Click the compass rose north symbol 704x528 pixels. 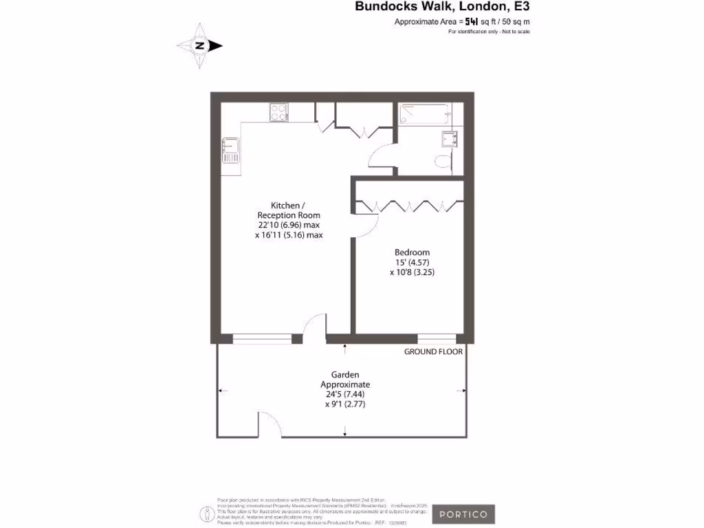[x=200, y=46]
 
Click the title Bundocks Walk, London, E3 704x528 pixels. [x=442, y=8]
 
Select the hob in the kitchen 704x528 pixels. [x=278, y=112]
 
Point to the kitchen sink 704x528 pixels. [x=230, y=150]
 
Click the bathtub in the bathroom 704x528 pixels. [x=425, y=113]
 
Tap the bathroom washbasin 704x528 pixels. [x=450, y=140]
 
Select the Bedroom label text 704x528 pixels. [x=412, y=252]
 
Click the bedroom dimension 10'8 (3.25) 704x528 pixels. [x=412, y=272]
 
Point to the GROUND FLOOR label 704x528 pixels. [x=433, y=351]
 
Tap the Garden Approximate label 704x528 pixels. [x=345, y=379]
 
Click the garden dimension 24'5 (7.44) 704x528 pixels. [x=345, y=394]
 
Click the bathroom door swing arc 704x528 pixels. [x=381, y=154]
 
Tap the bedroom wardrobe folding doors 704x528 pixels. [x=409, y=206]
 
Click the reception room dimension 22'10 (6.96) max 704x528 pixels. [x=289, y=225]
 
